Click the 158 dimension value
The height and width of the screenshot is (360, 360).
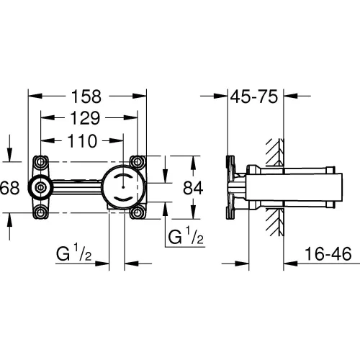[86, 96]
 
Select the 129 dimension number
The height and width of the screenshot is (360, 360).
[85, 118]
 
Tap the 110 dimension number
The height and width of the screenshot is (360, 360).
[82, 141]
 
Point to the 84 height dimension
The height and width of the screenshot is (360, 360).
[193, 188]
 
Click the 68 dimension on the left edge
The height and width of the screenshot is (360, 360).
[9, 188]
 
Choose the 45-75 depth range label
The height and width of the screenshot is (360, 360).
[254, 96]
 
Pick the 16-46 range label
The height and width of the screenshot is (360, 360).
[328, 254]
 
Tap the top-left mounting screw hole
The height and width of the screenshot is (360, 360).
[40, 162]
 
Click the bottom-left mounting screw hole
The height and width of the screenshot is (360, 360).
[40, 212]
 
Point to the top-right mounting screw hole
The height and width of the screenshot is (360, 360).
[138, 162]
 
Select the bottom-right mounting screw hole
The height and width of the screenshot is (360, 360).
[138, 212]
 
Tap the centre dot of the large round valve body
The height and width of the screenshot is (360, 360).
[123, 186]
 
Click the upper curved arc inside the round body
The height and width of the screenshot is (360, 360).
[123, 176]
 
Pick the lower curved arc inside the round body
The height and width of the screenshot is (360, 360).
[123, 199]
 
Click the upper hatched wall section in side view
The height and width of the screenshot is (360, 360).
[275, 152]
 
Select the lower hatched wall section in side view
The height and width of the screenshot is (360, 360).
[275, 222]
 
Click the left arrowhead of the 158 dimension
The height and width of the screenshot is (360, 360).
[35, 96]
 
